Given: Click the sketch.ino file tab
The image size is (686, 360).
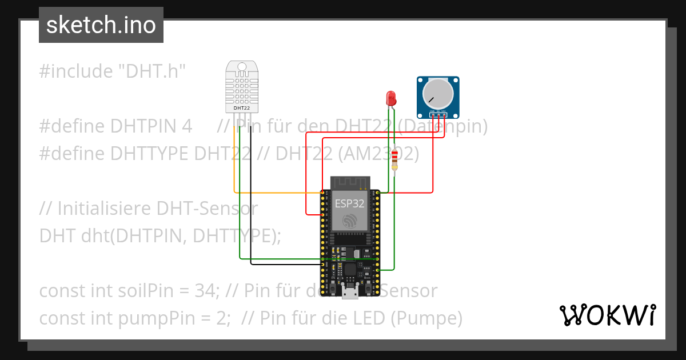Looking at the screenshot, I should point(101,25).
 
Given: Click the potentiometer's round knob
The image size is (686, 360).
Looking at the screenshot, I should point(437,93).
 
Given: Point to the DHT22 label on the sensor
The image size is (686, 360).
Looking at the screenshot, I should point(242,107).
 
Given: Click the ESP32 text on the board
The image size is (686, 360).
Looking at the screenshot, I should point(349,202).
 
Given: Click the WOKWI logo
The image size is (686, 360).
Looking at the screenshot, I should point(607,315).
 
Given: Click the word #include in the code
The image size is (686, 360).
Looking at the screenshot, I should point(76,71).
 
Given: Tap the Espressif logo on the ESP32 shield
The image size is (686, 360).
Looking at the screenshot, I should point(349,222).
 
